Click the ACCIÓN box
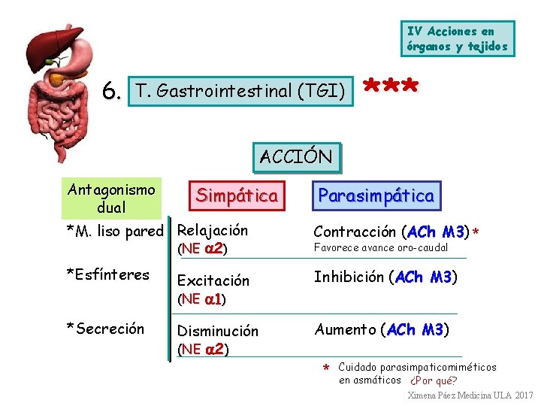pyautogui.click(x=296, y=157)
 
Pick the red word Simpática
pyautogui.click(x=237, y=195)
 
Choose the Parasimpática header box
pyautogui.click(x=376, y=195)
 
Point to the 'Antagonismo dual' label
pyautogui.click(x=111, y=198)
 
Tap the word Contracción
pyautogui.click(x=355, y=232)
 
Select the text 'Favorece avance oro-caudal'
pyautogui.click(x=381, y=247)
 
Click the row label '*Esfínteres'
pyautogui.click(x=107, y=274)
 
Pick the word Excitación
pyautogui.click(x=213, y=280)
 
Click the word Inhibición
pyautogui.click(x=349, y=277)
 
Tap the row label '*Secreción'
pyautogui.click(x=105, y=328)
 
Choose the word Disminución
pyautogui.click(x=217, y=331)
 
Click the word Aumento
pyautogui.click(x=346, y=329)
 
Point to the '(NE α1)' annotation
pyautogui.click(x=201, y=299)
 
